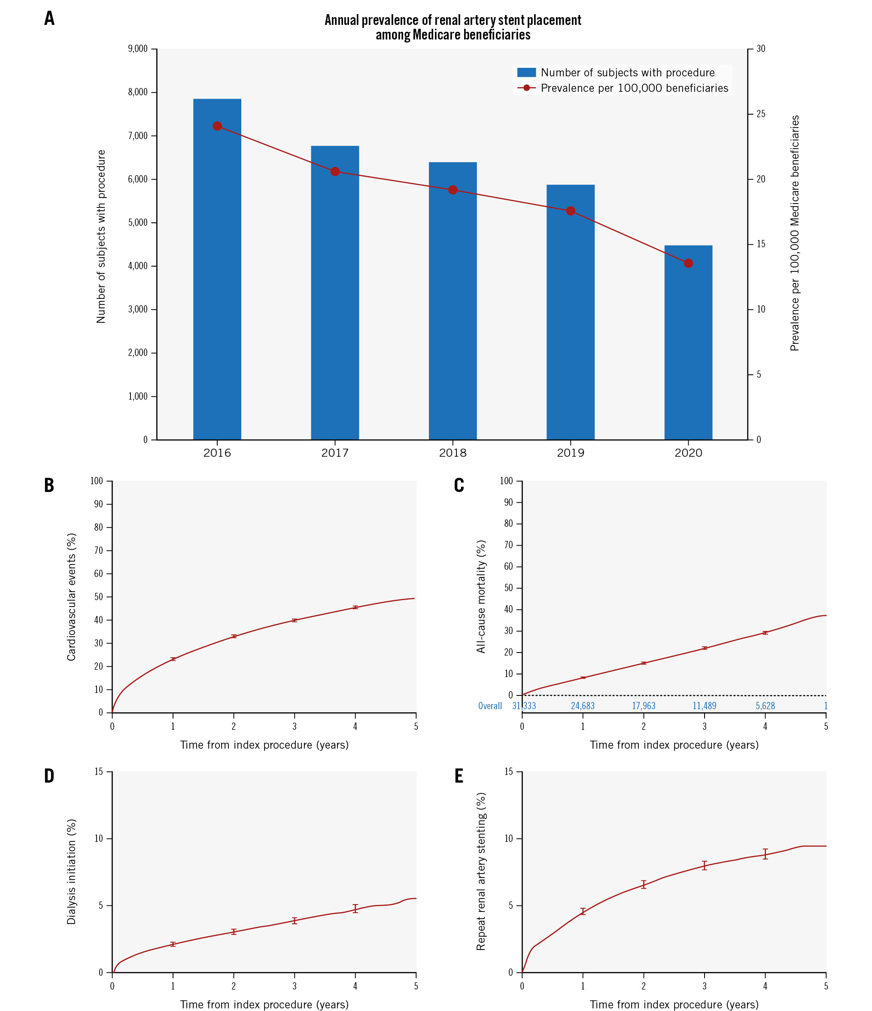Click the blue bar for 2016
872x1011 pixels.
217,268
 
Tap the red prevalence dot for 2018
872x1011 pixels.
453,190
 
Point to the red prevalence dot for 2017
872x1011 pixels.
335,172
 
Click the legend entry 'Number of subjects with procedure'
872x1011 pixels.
627,73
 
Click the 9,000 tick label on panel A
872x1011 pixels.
138,49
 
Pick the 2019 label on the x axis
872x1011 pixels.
571,453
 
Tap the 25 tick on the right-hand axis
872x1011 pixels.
761,114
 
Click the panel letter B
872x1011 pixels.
49,486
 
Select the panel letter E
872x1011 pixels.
459,776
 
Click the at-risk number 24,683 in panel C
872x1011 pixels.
583,706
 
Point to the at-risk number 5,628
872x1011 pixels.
765,706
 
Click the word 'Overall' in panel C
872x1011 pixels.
490,706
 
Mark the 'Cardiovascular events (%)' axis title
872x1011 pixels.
71,597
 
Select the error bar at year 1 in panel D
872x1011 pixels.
173,944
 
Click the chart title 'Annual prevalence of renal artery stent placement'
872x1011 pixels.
453,20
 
